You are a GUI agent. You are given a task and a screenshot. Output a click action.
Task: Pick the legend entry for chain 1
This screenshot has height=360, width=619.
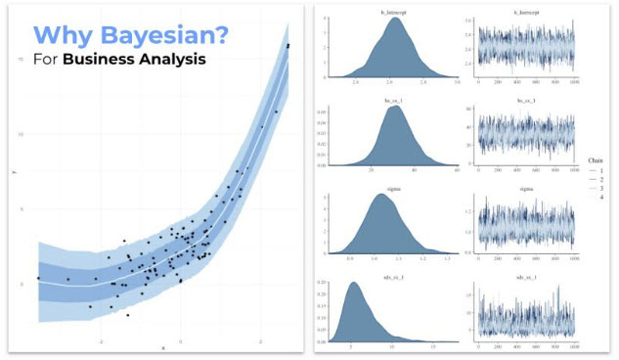click(597, 169)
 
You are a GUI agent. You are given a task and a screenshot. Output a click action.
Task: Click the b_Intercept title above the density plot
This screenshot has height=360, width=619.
click(394, 12)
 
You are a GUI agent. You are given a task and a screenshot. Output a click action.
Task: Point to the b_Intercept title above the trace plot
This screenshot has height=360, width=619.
click(526, 12)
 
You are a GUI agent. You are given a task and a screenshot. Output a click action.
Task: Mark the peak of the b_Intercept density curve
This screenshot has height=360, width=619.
click(394, 19)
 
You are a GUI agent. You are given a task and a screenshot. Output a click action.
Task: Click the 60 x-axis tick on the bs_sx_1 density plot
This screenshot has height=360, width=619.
click(456, 169)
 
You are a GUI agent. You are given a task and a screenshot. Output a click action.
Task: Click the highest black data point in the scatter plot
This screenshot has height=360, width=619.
click(287, 46)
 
